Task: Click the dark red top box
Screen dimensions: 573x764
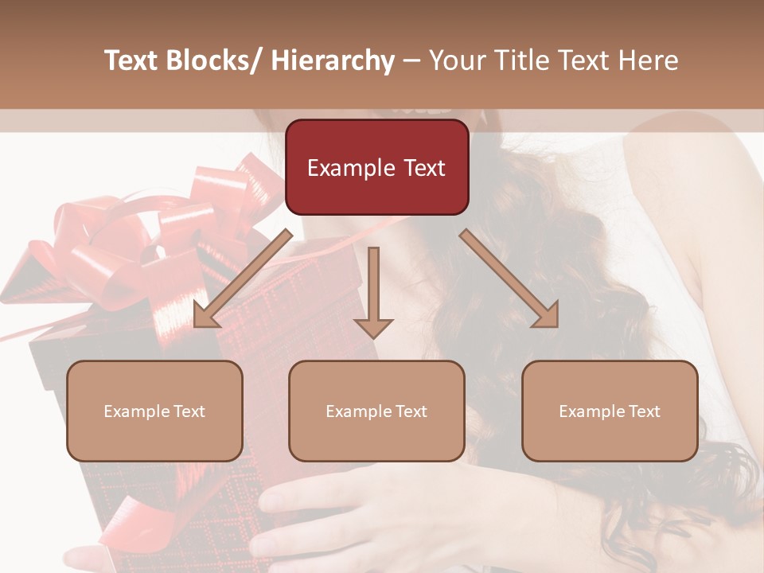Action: point(376,167)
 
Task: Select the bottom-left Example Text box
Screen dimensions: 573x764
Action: point(154,411)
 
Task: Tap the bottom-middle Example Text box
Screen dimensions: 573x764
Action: point(376,411)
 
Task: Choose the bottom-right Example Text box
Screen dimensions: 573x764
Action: point(610,411)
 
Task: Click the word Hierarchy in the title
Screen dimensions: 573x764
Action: point(333,60)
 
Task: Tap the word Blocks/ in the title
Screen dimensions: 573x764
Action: point(212,60)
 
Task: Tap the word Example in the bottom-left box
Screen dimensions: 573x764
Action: point(136,411)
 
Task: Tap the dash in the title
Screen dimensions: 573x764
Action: point(411,60)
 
